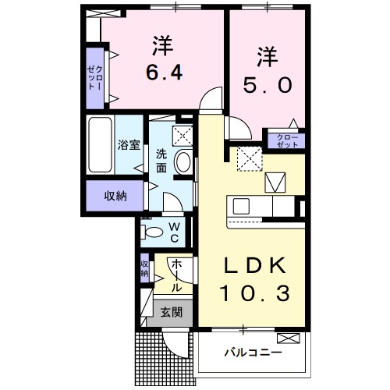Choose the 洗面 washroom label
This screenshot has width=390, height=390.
pyautogui.click(x=161, y=161)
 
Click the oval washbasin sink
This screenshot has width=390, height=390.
pyautogui.click(x=183, y=161)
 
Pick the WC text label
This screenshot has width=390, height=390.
pyautogui.click(x=174, y=232)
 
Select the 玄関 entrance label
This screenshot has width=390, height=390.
pyautogui.click(x=172, y=312)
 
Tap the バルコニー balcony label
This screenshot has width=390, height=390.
pyautogui.click(x=253, y=353)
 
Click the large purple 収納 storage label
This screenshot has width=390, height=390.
pyautogui.click(x=115, y=196)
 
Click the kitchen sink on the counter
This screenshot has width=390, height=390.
pyautogui.click(x=239, y=207)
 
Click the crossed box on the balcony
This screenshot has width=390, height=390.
pyautogui.click(x=287, y=339)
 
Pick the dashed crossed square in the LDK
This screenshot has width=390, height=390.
pyautogui.click(x=250, y=159)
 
